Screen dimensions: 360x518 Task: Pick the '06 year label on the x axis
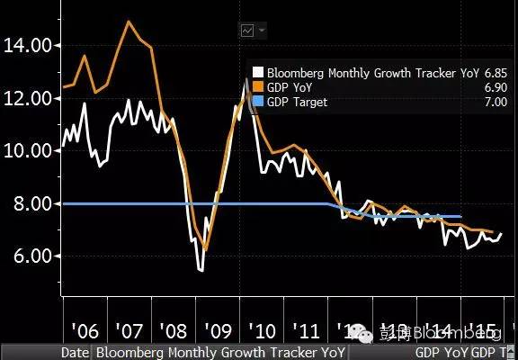(x=84, y=328)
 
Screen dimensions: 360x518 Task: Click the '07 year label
(x=129, y=328)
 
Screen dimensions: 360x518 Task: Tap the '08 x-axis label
(x=175, y=328)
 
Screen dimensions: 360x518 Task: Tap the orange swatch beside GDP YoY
(x=258, y=88)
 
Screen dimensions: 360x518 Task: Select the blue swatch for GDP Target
(x=258, y=103)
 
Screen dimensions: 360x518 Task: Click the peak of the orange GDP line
(x=129, y=21)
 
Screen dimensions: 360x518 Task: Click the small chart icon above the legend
(x=247, y=31)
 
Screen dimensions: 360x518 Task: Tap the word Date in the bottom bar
(x=75, y=352)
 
